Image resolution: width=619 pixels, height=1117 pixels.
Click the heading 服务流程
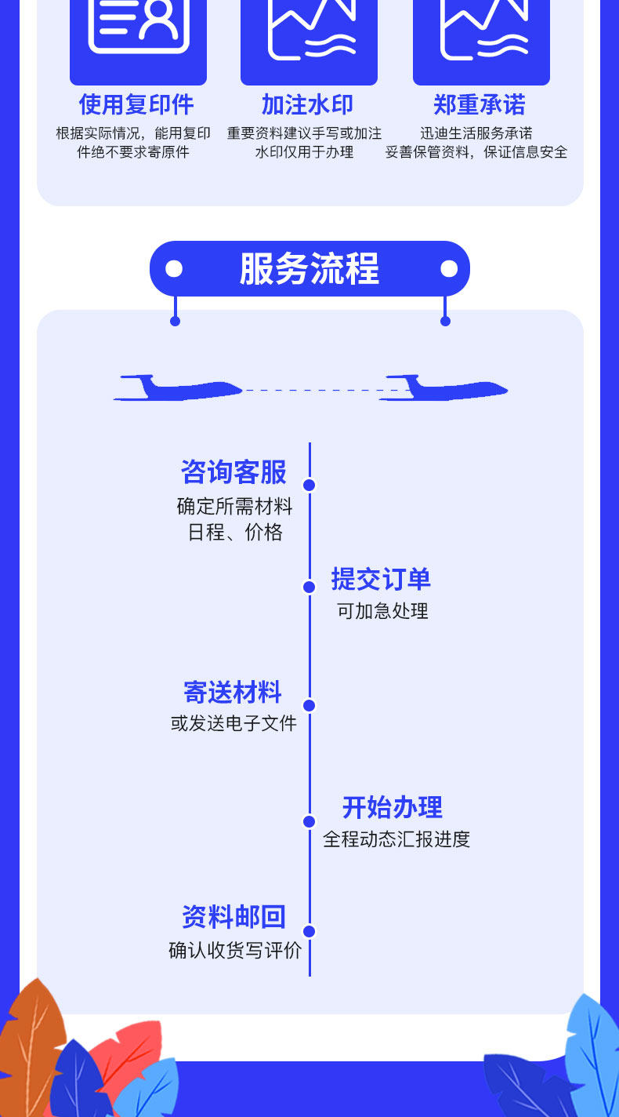pyautogui.click(x=309, y=269)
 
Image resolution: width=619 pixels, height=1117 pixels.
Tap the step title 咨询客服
pyautogui.click(x=233, y=472)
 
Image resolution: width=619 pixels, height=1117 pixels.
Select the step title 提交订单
pyautogui.click(x=381, y=580)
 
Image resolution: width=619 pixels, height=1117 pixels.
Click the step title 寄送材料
pyautogui.click(x=233, y=693)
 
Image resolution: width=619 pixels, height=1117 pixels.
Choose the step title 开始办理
pyautogui.click(x=393, y=807)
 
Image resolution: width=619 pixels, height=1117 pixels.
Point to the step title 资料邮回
pyautogui.click(x=233, y=917)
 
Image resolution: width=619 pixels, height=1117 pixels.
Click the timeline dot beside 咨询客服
pyautogui.click(x=309, y=485)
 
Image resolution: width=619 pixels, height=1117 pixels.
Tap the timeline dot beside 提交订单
pyautogui.click(x=309, y=588)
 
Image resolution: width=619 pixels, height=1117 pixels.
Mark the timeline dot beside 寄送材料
pyautogui.click(x=309, y=705)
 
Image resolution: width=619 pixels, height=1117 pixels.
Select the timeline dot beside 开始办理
pyautogui.click(x=309, y=821)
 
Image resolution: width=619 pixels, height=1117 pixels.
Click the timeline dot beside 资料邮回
pyautogui.click(x=309, y=931)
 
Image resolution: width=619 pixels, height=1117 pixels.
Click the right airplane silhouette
pyautogui.click(x=443, y=389)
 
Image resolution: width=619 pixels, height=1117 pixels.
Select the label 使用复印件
pyautogui.click(x=136, y=104)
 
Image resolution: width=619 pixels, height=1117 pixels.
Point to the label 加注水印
pyautogui.click(x=307, y=104)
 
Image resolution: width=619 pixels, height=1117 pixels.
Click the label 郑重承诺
pyautogui.click(x=480, y=104)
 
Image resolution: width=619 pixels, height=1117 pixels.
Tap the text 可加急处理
pyautogui.click(x=382, y=611)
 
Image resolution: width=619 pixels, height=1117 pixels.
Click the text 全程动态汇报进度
pyautogui.click(x=396, y=839)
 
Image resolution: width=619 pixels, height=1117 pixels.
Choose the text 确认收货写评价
pyautogui.click(x=235, y=951)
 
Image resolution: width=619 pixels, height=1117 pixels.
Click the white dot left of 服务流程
pyautogui.click(x=174, y=269)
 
